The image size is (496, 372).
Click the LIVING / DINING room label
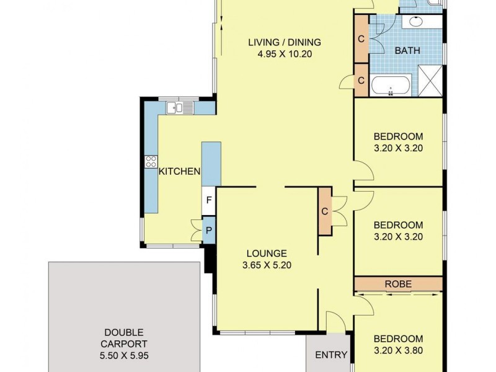coord(285,42)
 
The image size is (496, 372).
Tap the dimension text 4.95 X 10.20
coord(285,54)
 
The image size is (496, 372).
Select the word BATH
coord(408,51)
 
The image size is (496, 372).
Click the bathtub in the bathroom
coord(391,85)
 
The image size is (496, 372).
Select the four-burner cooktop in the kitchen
coord(151,162)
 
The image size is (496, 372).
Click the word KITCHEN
coord(179,172)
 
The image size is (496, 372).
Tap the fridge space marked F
coord(209,201)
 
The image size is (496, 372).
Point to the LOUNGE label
coord(267,253)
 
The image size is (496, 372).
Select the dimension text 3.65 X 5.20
coord(267,265)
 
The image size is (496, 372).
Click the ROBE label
coord(398,284)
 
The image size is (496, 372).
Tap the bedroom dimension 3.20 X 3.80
coord(398,350)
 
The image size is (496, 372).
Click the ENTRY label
coord(331,355)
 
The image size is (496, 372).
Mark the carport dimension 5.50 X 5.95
coord(125,356)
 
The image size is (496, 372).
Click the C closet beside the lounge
coord(324,211)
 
